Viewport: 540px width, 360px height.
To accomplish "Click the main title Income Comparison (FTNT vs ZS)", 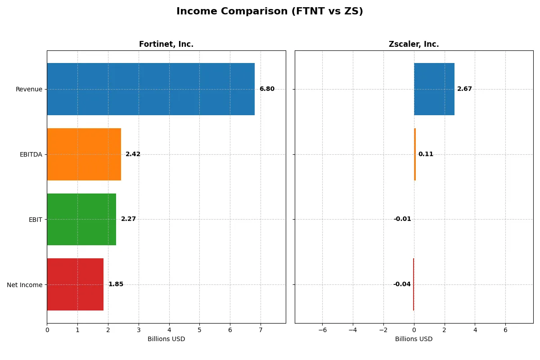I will tap(270, 12).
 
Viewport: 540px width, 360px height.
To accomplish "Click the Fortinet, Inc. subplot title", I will tap(166, 44).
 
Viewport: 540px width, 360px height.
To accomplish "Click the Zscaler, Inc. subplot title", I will tap(414, 44).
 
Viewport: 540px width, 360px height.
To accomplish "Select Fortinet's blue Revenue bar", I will tap(151, 89).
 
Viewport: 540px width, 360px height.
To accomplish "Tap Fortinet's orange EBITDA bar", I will tap(84, 154).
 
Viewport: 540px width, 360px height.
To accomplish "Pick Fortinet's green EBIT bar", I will tap(81, 219).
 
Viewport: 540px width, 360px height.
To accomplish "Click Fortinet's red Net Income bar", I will tap(75, 284).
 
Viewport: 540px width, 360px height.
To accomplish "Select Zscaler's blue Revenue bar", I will tap(434, 89).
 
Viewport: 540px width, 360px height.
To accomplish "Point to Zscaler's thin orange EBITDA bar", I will tap(415, 154).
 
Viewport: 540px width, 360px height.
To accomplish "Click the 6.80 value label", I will tap(267, 89).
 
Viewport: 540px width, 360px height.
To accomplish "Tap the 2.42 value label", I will tap(133, 154).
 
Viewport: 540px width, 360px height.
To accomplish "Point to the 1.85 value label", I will tap(116, 284).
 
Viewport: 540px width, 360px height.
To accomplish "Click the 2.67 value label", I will tap(464, 89).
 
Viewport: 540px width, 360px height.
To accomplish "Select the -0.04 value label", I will tap(402, 284).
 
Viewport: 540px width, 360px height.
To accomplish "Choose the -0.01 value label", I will tap(402, 219).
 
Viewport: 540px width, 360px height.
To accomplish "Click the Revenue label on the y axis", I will tap(29, 89).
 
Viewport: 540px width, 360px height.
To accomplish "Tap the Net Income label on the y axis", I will tap(25, 284).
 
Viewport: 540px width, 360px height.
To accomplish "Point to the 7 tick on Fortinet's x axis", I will tap(261, 330).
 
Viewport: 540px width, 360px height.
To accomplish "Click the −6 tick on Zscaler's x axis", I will tap(322, 330).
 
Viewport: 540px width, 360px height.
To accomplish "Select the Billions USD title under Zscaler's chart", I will tap(414, 339).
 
